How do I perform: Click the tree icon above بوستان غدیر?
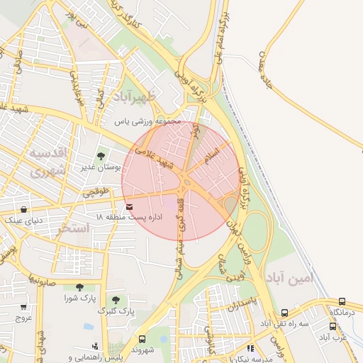pos(101,154)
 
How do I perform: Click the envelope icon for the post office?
pos(129,206)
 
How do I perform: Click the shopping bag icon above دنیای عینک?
pos(25,210)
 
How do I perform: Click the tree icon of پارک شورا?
pos(79,287)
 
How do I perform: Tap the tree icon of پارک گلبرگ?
pos(116,300)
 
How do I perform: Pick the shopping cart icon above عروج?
pos(23,306)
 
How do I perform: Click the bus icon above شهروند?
pos(143,339)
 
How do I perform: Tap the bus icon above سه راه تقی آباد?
pos(284,313)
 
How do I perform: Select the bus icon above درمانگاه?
pos(343,301)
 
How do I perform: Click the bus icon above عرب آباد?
pos(333,327)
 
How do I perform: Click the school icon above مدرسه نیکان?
pos(250,348)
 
